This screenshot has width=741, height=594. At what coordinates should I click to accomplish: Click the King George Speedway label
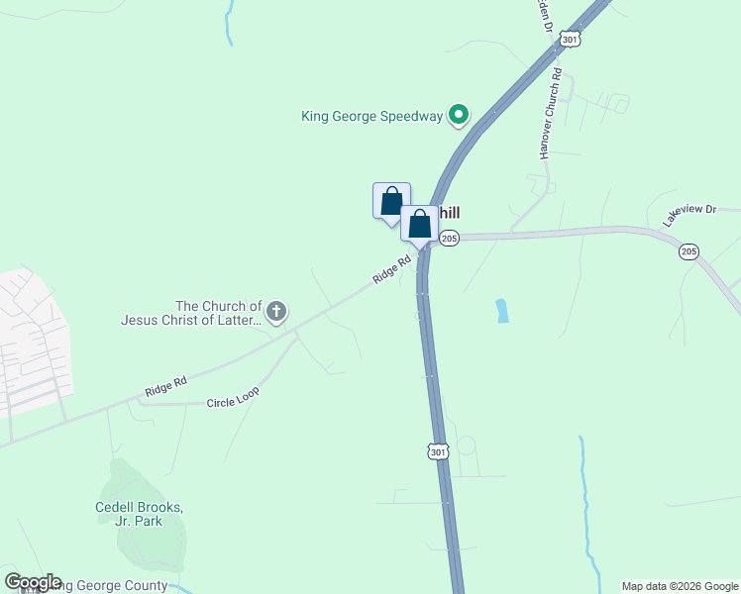pyautogui.click(x=371, y=117)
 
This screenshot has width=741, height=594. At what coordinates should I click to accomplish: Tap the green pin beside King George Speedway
pyautogui.click(x=458, y=116)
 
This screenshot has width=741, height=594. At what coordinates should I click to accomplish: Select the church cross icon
pyautogui.click(x=276, y=314)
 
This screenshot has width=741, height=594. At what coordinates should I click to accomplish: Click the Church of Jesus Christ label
pyautogui.click(x=191, y=314)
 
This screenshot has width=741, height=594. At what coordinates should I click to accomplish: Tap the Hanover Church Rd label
pyautogui.click(x=551, y=114)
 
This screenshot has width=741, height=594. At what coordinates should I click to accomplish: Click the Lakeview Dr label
pyautogui.click(x=689, y=215)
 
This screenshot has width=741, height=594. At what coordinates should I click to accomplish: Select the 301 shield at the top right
pyautogui.click(x=569, y=38)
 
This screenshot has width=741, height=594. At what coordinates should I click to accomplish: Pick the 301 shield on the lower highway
pyautogui.click(x=439, y=451)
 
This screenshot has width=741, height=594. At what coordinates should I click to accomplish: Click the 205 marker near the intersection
pyautogui.click(x=449, y=239)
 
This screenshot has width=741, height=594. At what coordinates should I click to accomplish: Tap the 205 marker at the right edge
pyautogui.click(x=688, y=252)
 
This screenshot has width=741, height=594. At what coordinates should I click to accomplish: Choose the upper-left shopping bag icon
pyautogui.click(x=391, y=200)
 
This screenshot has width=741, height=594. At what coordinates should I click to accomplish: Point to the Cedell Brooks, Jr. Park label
pyautogui.click(x=140, y=514)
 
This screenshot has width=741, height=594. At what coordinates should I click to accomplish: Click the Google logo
pyautogui.click(x=33, y=582)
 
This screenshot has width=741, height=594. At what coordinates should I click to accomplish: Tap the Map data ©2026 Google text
pyautogui.click(x=680, y=586)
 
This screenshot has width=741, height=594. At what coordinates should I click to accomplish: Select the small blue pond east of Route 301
pyautogui.click(x=502, y=311)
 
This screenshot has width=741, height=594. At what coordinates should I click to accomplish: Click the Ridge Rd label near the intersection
pyautogui.click(x=391, y=271)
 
